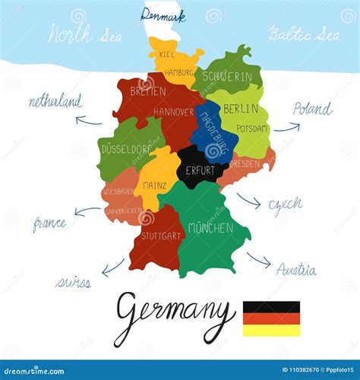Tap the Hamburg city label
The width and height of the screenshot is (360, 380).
[x=180, y=73]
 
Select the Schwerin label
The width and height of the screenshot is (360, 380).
[x=226, y=77]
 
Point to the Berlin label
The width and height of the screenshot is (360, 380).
[x=240, y=109]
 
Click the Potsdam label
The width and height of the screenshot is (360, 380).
[x=251, y=128]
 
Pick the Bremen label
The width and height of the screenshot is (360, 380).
[x=147, y=91]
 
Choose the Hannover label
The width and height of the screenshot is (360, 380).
[x=174, y=112]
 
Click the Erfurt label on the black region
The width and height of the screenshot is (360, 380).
[x=200, y=170]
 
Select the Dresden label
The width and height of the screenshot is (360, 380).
[x=244, y=163]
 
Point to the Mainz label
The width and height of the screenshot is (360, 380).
[x=154, y=185]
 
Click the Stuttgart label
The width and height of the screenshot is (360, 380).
[x=160, y=236]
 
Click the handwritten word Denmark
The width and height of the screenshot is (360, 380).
[x=163, y=14]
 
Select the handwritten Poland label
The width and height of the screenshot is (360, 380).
[x=312, y=109]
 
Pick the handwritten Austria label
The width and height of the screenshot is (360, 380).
[x=295, y=270]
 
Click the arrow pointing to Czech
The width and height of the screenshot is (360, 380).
[x=248, y=201]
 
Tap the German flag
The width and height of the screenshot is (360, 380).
[x=271, y=318]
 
